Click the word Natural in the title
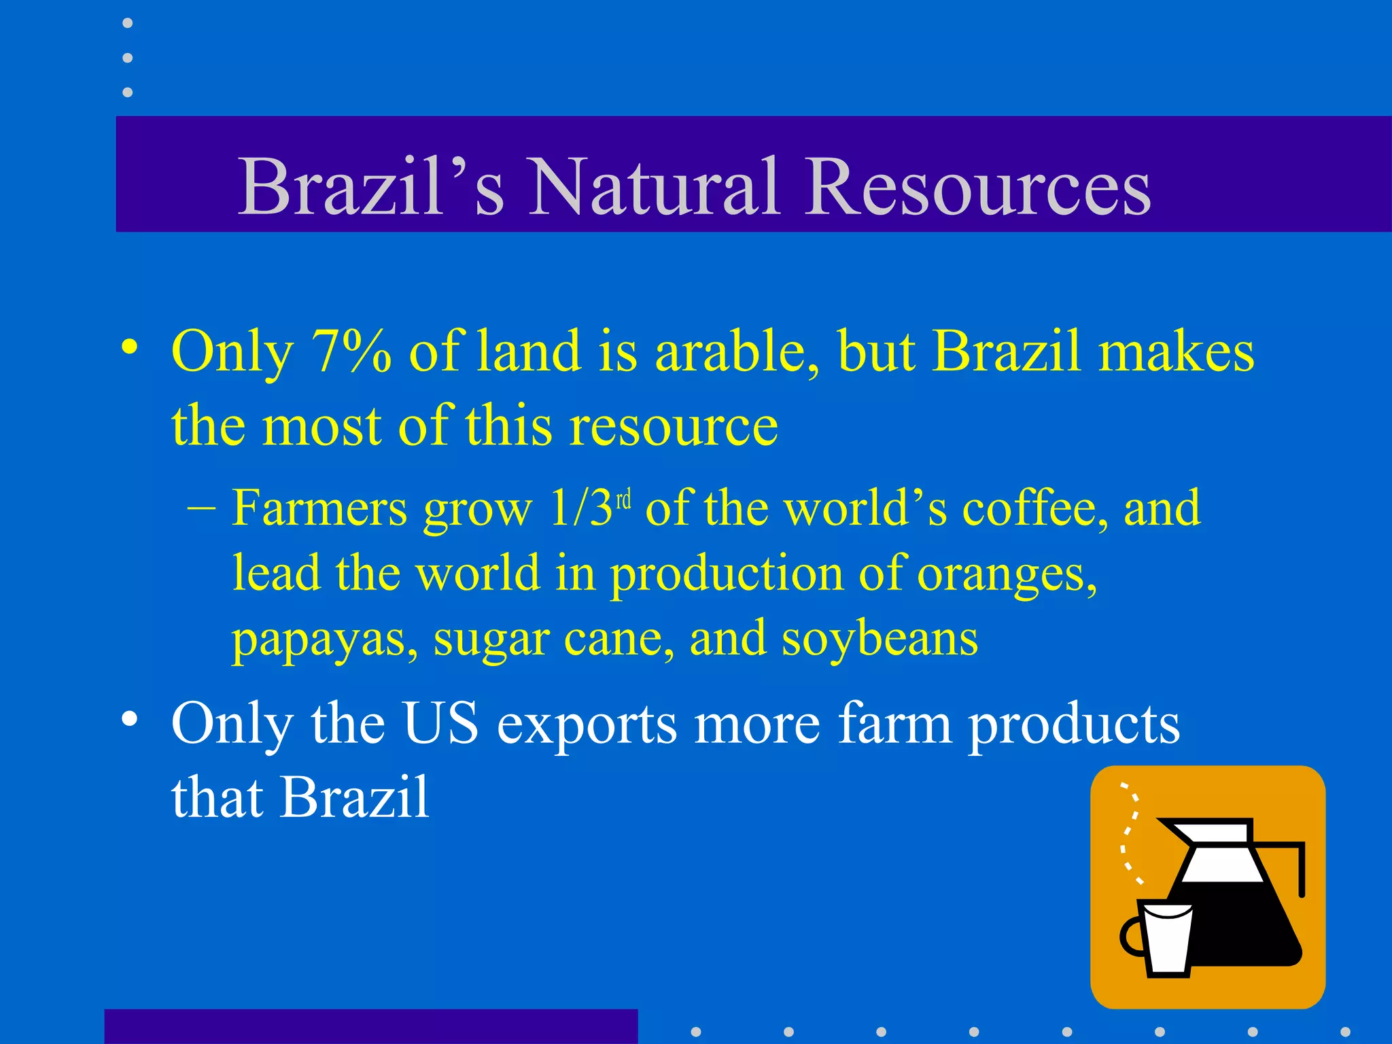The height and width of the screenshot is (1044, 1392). point(652,186)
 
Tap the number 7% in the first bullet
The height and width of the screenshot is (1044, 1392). point(351,352)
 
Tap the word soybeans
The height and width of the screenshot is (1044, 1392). point(880,639)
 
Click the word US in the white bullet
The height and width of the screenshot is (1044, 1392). point(440,723)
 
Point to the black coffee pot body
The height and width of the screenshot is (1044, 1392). point(1244,924)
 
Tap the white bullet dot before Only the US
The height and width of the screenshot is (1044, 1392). point(129,718)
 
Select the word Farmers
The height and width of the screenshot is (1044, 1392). point(319,508)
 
